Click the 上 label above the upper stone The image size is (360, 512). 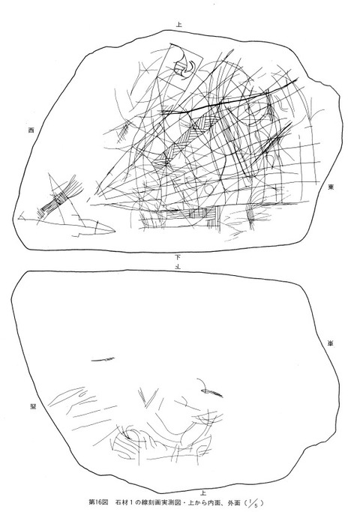tap(178, 25)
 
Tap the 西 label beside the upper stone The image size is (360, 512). tap(31, 130)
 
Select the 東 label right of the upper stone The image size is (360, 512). tap(331, 188)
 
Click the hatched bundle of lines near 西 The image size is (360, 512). tap(55, 198)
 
